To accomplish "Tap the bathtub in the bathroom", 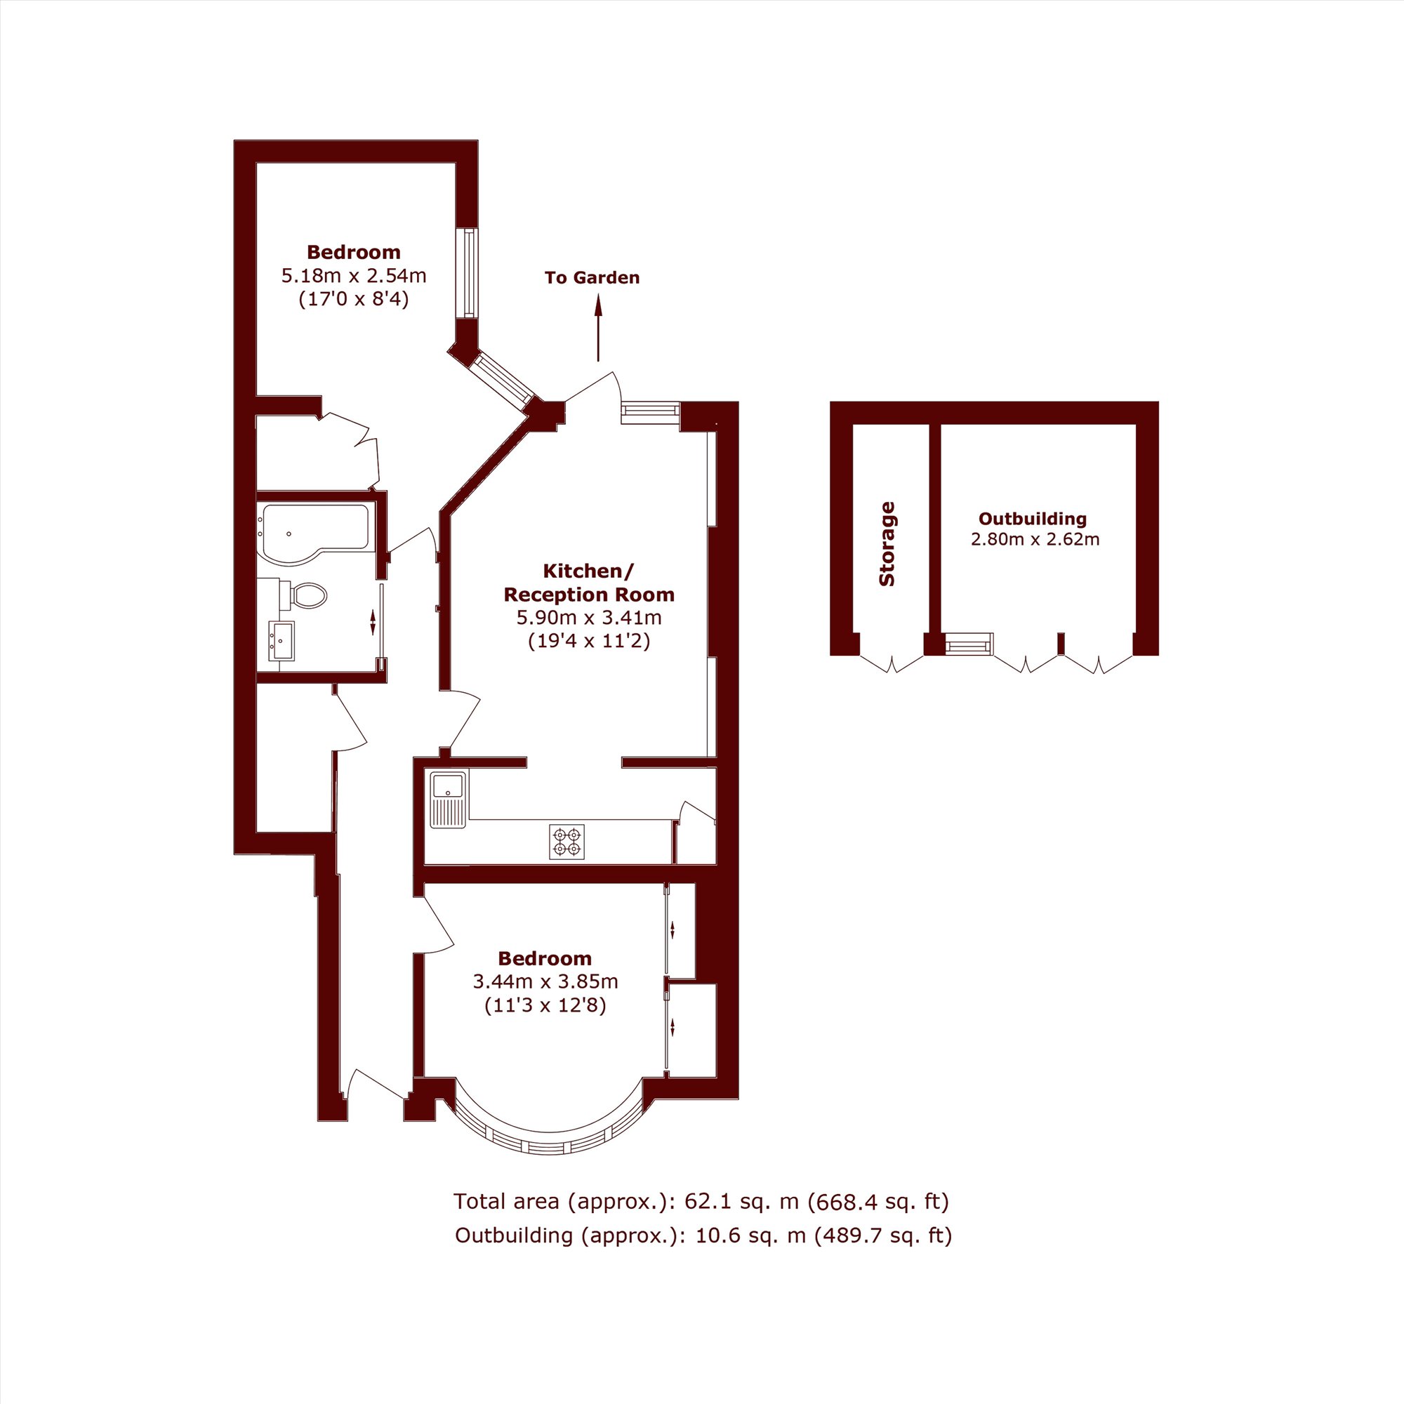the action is (x=314, y=533).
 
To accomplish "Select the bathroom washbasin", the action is (x=282, y=641).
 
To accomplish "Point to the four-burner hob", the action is (x=567, y=842).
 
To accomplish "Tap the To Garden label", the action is (x=592, y=277).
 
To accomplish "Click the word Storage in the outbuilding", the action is (x=887, y=544).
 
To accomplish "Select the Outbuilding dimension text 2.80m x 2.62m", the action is (x=1035, y=539).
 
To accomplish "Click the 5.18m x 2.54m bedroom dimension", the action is (x=354, y=276).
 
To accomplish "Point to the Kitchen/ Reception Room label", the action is (x=590, y=583).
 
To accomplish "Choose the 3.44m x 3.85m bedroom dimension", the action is (x=545, y=982).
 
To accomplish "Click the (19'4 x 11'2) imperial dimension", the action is (x=590, y=641).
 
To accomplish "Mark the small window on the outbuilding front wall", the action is (x=969, y=644).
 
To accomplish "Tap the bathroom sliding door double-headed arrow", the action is (x=373, y=623).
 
